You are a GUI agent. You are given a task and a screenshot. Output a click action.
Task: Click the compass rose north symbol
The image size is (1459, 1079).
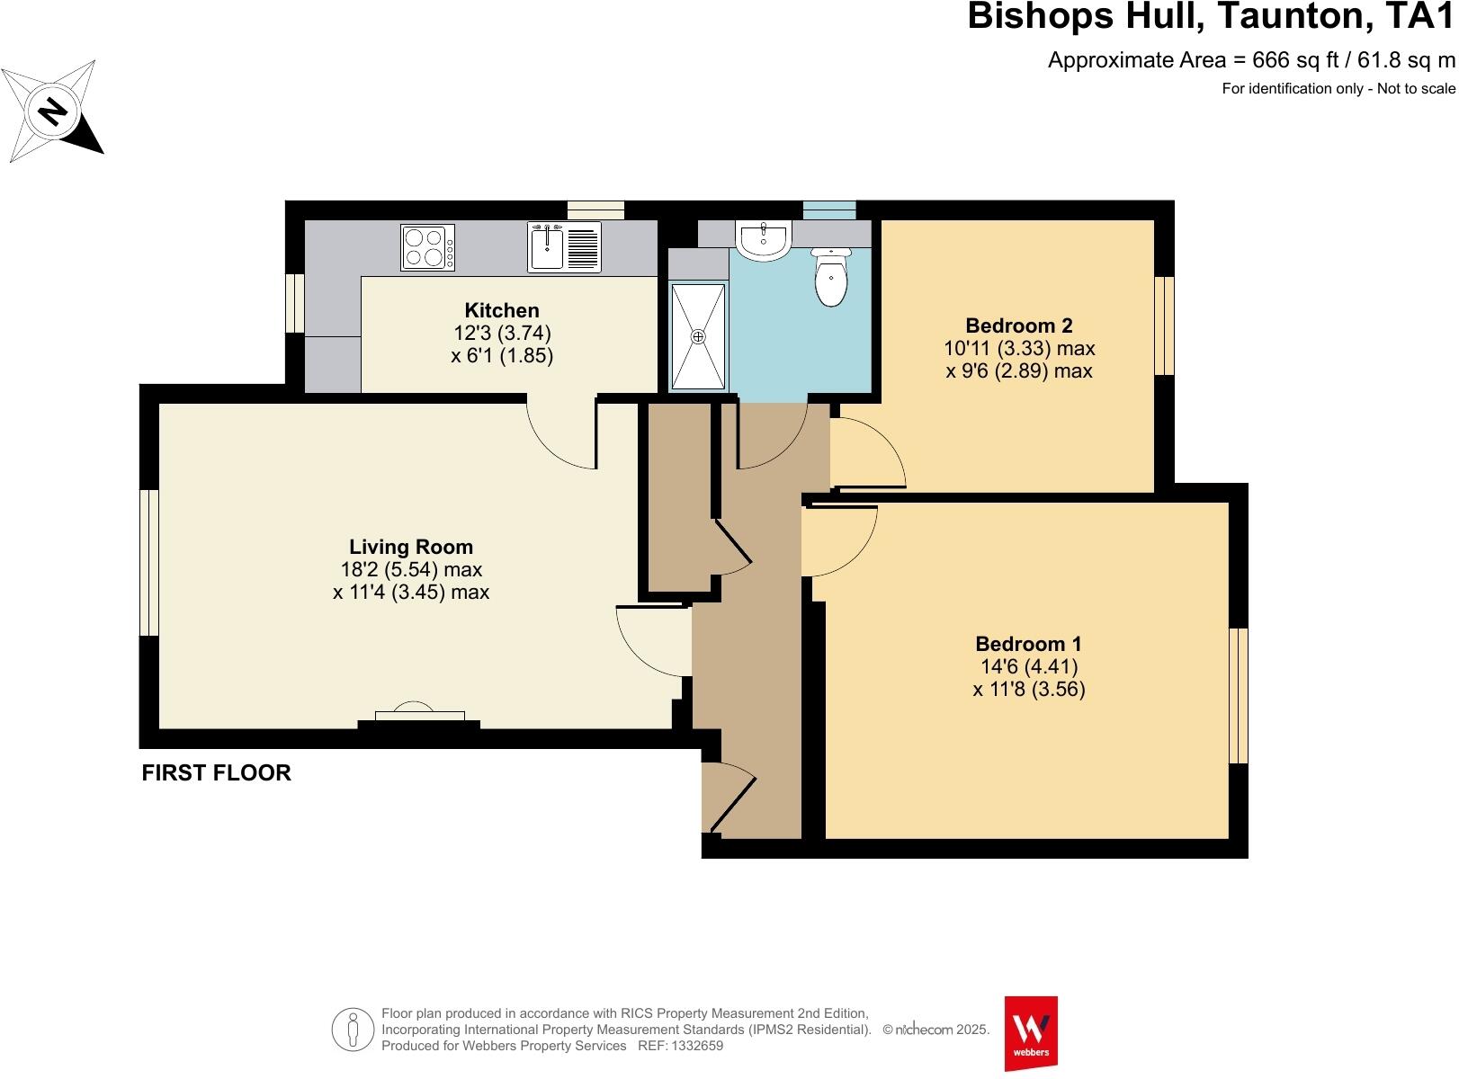tap(52, 111)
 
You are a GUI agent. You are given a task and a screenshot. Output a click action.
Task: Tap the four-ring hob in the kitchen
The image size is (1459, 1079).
tap(427, 248)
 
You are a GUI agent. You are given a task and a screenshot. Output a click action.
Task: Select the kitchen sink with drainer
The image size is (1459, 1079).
tap(564, 246)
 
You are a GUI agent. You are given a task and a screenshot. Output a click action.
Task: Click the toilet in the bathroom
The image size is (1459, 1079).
tap(831, 277)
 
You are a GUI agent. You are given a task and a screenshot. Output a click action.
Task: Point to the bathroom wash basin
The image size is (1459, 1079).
tap(763, 241)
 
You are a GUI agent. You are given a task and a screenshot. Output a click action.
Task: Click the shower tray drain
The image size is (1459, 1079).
tap(698, 336)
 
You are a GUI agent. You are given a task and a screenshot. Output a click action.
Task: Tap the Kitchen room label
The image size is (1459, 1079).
tap(502, 310)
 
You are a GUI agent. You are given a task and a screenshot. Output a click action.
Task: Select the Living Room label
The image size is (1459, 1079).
tap(411, 547)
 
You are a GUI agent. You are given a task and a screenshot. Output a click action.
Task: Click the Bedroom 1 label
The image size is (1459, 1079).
tap(1028, 644)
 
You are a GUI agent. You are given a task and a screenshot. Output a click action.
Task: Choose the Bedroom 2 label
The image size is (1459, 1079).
tap(1019, 325)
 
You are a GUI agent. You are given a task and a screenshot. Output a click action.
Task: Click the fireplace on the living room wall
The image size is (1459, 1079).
tap(419, 717)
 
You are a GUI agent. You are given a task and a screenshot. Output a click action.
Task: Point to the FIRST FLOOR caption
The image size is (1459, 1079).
tap(217, 772)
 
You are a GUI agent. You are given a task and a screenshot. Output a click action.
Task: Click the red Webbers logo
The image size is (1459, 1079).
tap(1031, 1033)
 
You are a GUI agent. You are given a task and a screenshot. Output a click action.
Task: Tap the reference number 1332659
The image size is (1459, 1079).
tap(696, 1046)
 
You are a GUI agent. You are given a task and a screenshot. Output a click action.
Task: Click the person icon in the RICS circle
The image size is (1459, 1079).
tap(354, 1030)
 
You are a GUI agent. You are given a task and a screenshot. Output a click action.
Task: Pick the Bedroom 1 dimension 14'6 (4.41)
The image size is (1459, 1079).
tap(1029, 666)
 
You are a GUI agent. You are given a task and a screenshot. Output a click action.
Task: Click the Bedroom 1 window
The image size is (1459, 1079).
tap(1239, 696)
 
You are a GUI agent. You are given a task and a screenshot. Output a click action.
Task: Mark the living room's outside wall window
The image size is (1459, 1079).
tap(149, 563)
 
